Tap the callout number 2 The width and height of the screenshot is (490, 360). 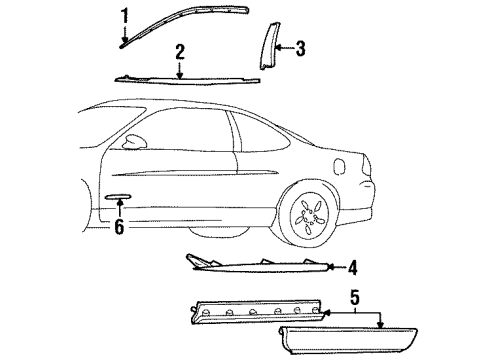pos(180,51)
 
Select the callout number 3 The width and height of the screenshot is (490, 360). pos(300,47)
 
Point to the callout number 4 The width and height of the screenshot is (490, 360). pos(353,267)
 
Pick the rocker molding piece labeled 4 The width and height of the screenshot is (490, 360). pos(260,264)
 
